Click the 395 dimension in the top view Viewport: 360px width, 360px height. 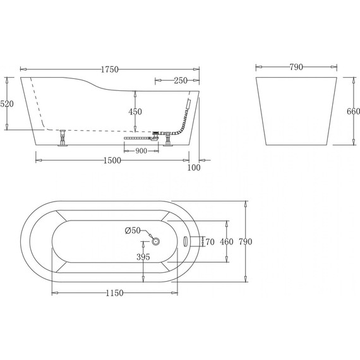143,257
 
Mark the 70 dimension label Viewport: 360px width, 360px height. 210,241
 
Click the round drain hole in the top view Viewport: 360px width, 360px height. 157,241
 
